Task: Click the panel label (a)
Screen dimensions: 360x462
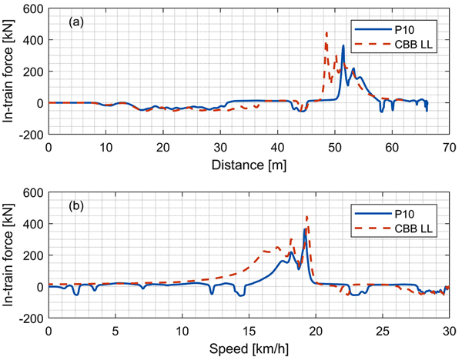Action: pos(76,22)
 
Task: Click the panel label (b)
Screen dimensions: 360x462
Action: pos(76,206)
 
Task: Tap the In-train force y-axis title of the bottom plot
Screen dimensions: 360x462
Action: pos(10,255)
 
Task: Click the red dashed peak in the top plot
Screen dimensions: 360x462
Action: pos(326,33)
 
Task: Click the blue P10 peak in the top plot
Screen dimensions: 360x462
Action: pos(343,46)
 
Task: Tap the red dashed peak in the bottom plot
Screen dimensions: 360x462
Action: pos(307,216)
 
